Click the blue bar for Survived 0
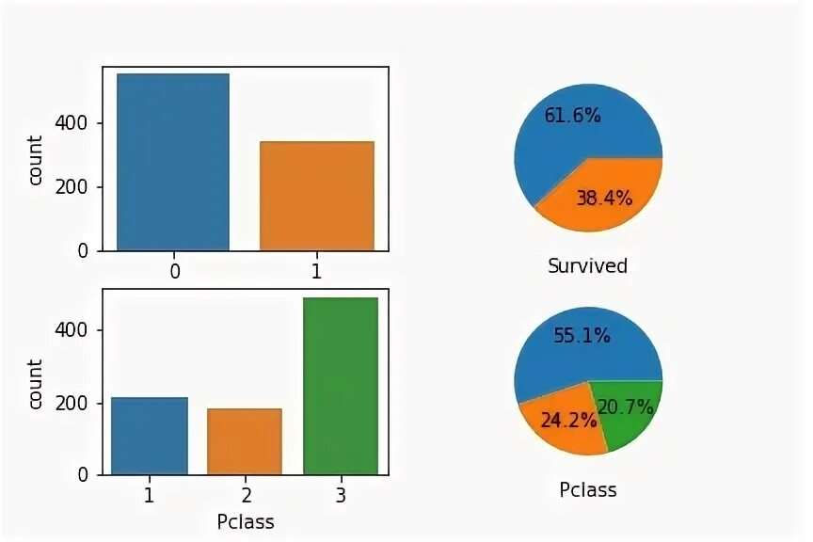(x=173, y=162)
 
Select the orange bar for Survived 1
(x=316, y=196)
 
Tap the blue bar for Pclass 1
(x=150, y=436)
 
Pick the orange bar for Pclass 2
(x=245, y=441)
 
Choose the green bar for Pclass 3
(x=340, y=386)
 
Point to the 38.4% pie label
(x=603, y=198)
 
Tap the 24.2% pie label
(x=568, y=420)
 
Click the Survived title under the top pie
(x=587, y=266)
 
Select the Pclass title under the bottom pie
(x=587, y=490)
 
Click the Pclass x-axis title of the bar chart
(x=245, y=520)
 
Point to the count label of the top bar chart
(x=36, y=161)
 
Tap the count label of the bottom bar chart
(x=36, y=384)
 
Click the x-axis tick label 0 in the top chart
(x=174, y=272)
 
